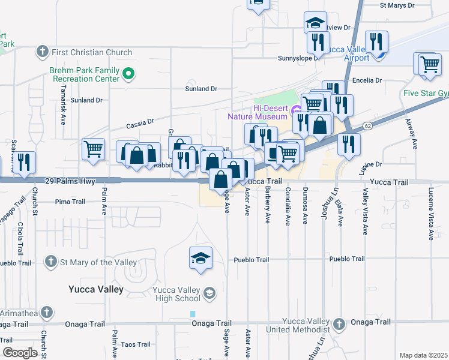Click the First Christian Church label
click(x=92, y=52)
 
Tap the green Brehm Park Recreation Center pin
click(x=128, y=74)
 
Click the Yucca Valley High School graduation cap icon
click(x=209, y=293)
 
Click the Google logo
click(x=20, y=353)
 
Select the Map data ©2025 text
click(x=423, y=355)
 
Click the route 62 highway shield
click(x=367, y=126)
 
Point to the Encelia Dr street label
click(x=372, y=79)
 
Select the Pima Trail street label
click(x=71, y=202)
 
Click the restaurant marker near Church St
click(x=24, y=163)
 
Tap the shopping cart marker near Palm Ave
click(x=93, y=149)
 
